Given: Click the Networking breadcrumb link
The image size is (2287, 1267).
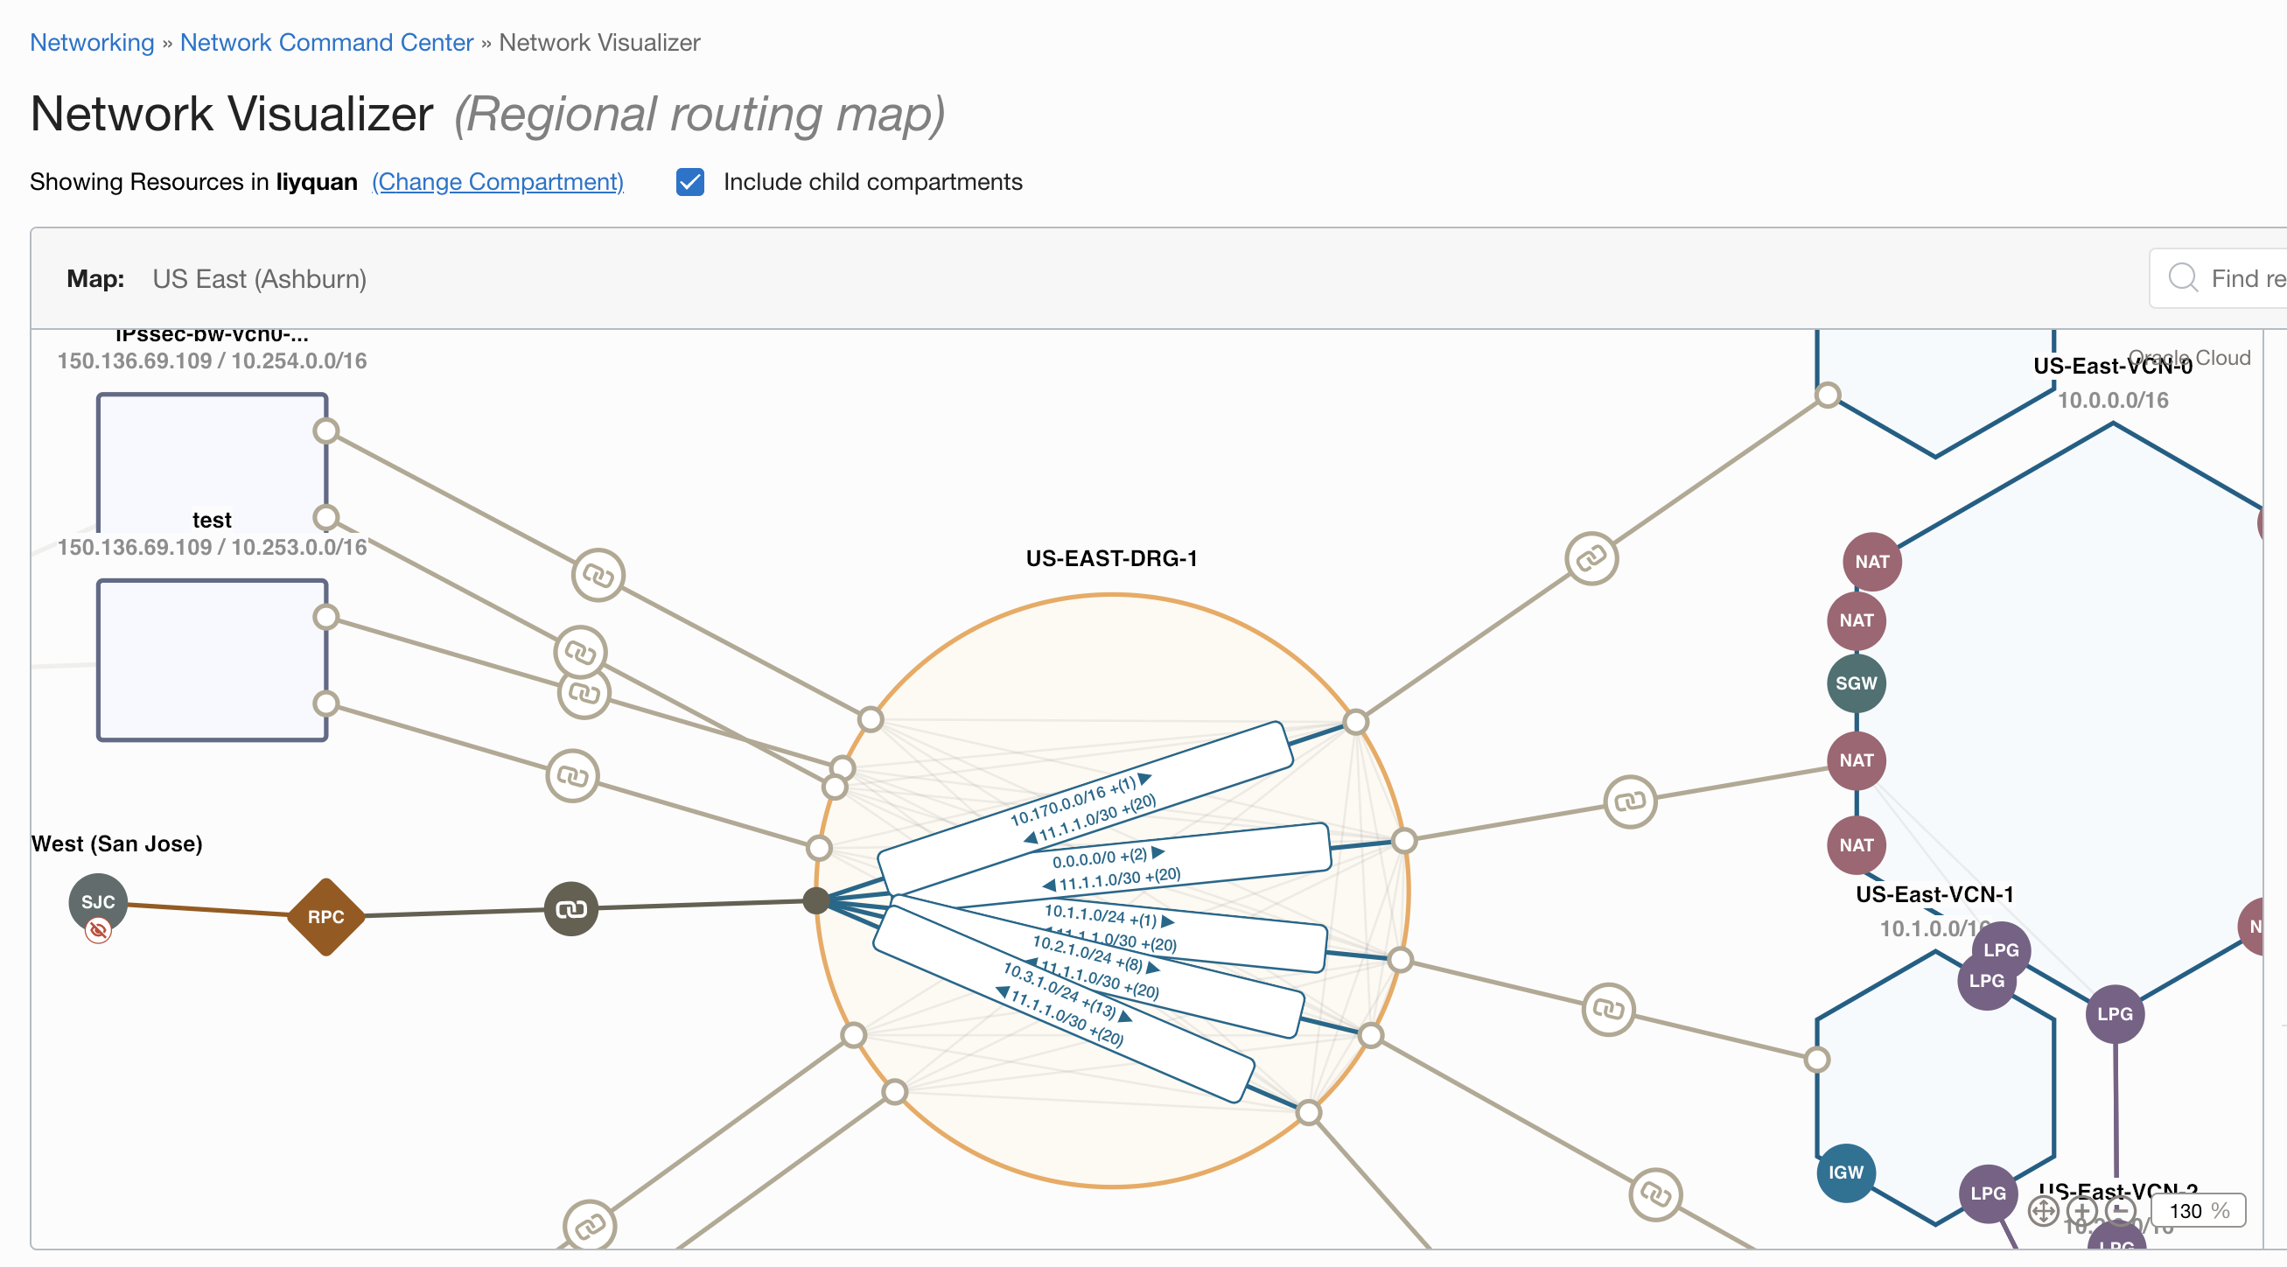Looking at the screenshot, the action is pyautogui.click(x=92, y=43).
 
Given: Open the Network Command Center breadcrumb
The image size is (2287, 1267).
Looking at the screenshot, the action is pyautogui.click(x=325, y=43).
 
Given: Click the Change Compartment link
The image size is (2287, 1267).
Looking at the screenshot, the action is pyautogui.click(x=497, y=182).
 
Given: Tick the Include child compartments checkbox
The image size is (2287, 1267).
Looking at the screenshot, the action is pyautogui.click(x=689, y=182).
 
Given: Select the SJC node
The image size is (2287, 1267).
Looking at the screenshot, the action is pyautogui.click(x=98, y=901).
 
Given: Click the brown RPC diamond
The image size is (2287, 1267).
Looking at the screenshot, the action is pyautogui.click(x=325, y=916).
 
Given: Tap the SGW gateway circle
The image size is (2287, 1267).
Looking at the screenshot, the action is pyautogui.click(x=1856, y=682).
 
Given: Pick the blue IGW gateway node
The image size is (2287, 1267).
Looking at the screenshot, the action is pyautogui.click(x=1845, y=1172).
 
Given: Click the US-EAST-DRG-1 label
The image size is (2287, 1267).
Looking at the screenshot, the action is pyautogui.click(x=1110, y=558).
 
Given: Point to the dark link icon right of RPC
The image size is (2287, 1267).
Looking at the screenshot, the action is pyautogui.click(x=570, y=908).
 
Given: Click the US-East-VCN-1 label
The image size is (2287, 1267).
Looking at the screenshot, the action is pyautogui.click(x=1934, y=894).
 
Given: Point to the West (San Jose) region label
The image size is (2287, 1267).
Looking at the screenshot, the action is pyautogui.click(x=116, y=843).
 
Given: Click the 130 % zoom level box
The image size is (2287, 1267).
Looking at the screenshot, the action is pyautogui.click(x=2199, y=1210).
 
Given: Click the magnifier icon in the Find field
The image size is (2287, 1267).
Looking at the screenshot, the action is pyautogui.click(x=2182, y=278).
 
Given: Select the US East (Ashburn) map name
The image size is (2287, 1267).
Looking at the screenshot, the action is pyautogui.click(x=259, y=279).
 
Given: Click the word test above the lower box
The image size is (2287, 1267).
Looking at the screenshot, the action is pyautogui.click(x=212, y=520).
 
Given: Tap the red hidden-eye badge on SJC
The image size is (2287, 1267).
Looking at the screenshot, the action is pyautogui.click(x=98, y=930).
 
